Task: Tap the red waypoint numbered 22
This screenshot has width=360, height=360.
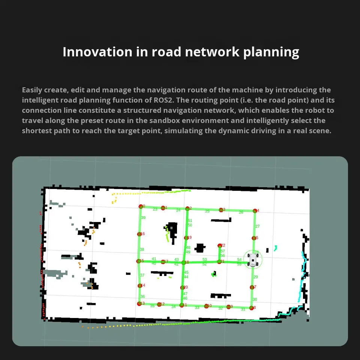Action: click(219, 246)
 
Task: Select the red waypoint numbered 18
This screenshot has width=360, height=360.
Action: click(183, 262)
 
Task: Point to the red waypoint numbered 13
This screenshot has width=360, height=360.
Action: click(139, 303)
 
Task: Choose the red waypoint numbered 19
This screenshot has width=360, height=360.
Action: click(186, 238)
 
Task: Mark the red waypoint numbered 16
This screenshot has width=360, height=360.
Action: click(139, 234)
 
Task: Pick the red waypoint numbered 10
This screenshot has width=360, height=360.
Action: click(206, 306)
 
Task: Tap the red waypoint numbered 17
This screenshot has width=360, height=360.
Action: click(163, 262)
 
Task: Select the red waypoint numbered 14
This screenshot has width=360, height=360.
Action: click(139, 286)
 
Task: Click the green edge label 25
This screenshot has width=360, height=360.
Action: click(207, 211)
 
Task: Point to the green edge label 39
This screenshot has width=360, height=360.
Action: click(143, 218)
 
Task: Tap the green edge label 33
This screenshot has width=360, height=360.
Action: click(197, 307)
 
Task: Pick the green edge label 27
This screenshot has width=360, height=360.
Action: click(257, 226)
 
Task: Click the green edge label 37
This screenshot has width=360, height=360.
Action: click(142, 275)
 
